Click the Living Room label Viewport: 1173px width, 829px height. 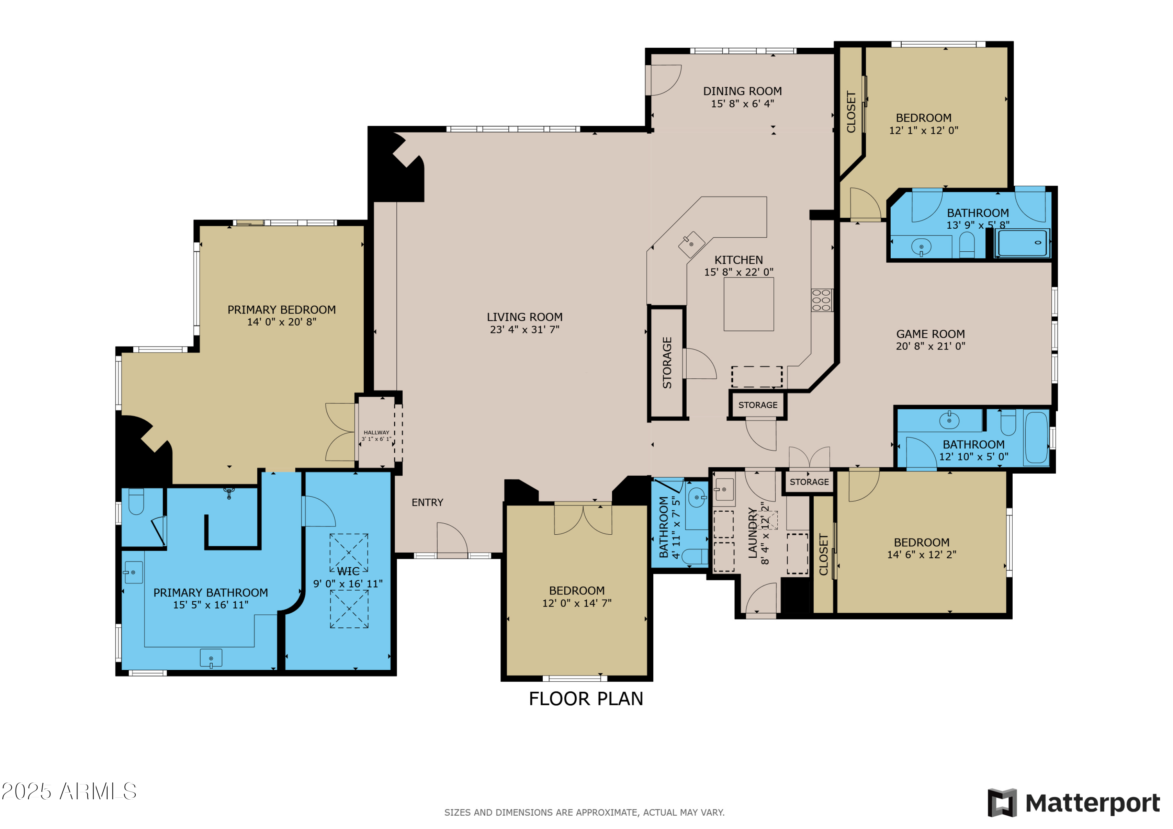(524, 317)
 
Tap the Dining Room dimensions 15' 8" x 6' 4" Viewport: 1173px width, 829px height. (743, 104)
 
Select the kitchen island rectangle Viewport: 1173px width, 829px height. (748, 304)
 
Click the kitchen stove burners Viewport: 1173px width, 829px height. (821, 300)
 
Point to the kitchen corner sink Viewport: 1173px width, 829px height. (691, 244)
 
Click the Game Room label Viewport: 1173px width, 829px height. (930, 334)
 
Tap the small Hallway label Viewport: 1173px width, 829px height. (376, 433)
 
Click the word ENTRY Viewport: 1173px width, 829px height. (427, 503)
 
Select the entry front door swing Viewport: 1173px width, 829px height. (452, 539)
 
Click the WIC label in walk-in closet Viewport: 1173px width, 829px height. (348, 571)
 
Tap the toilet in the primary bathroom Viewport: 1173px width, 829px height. (136, 501)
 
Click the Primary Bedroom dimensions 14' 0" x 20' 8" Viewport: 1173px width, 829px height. (282, 322)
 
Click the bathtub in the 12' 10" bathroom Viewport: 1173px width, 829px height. (1036, 438)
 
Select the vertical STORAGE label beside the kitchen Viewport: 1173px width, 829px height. (667, 363)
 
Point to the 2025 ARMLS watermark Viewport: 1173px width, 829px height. (69, 791)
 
